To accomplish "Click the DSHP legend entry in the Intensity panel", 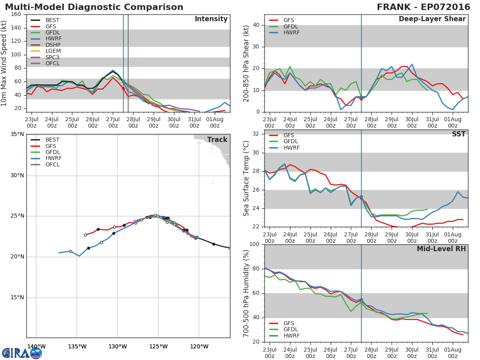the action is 46,45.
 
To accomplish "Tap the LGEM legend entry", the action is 46,51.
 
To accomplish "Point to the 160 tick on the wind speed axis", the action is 16,14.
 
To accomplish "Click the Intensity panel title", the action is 211,19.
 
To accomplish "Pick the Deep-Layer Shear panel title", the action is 432,19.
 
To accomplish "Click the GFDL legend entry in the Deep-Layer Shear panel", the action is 283,26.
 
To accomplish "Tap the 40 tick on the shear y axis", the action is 256,25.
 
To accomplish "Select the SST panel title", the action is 458,134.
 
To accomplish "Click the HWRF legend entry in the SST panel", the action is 284,148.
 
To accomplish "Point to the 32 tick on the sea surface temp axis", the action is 256,134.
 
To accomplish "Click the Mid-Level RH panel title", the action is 441,249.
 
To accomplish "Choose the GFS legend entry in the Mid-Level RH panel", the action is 281,323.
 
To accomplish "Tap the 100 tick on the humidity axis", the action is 254,244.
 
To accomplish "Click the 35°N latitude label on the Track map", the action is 17,134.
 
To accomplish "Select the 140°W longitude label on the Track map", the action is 36,346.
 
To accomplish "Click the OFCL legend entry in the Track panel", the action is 45,164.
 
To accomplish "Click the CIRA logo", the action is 22,353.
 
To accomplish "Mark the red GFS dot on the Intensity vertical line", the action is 123,89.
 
